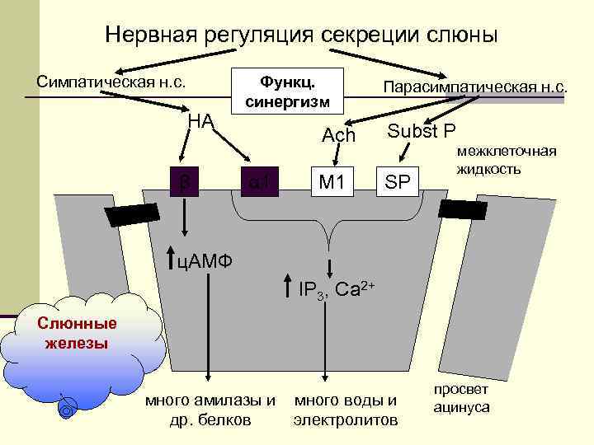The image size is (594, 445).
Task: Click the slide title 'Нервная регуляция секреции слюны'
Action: (301, 35)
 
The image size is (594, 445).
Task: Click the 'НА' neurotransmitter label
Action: (200, 121)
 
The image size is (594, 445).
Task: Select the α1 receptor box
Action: (259, 181)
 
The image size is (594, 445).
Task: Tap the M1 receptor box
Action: (331, 181)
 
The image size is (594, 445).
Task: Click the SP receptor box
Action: (398, 181)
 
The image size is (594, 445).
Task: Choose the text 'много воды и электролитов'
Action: (345, 410)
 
